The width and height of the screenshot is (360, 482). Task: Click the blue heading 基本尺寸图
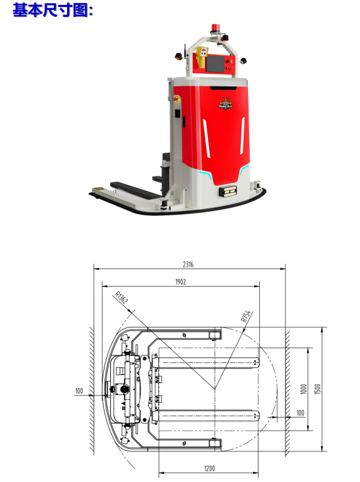tap(53, 10)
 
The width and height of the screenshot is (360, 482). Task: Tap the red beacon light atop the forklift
tap(214, 28)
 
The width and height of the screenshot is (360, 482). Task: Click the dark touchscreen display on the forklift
tap(215, 64)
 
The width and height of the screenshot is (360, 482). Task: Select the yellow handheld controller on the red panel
tap(201, 57)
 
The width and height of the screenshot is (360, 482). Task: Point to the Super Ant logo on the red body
tap(225, 103)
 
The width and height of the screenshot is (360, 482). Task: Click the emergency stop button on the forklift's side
tap(177, 99)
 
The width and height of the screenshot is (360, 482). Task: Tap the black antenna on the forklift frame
tap(185, 51)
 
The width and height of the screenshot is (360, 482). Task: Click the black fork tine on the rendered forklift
tap(135, 190)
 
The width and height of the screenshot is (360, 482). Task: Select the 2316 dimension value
tap(188, 264)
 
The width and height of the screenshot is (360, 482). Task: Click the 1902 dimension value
tap(180, 282)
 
